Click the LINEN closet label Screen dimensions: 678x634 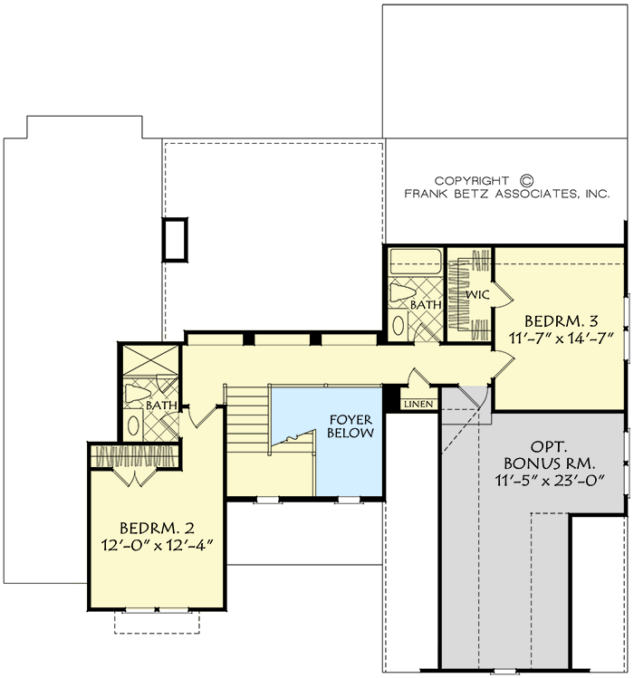[x=418, y=404]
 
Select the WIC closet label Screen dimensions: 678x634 [x=477, y=295]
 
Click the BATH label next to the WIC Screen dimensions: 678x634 [x=425, y=306]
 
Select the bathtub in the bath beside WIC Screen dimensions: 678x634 [x=414, y=262]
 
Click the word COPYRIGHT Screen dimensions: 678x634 [x=470, y=180]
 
